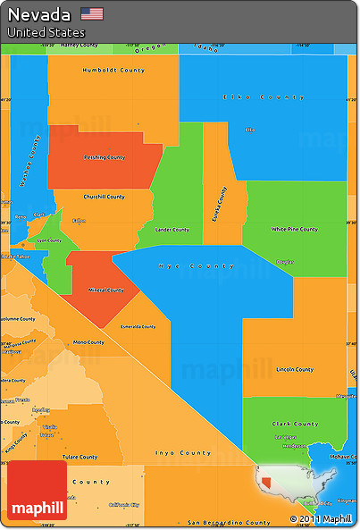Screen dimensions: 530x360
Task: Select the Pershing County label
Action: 105,157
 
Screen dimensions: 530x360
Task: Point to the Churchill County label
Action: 104,197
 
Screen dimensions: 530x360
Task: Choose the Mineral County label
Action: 105,290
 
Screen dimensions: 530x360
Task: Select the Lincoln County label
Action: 295,369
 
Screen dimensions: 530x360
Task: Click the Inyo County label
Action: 183,453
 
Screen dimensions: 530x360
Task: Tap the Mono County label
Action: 88,342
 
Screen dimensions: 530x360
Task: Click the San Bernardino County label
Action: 229,522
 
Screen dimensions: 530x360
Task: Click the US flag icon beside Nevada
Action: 91,13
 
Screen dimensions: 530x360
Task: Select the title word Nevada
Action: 39,14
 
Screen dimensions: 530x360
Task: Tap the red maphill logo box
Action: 37,490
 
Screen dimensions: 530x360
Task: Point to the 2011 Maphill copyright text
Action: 321,519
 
